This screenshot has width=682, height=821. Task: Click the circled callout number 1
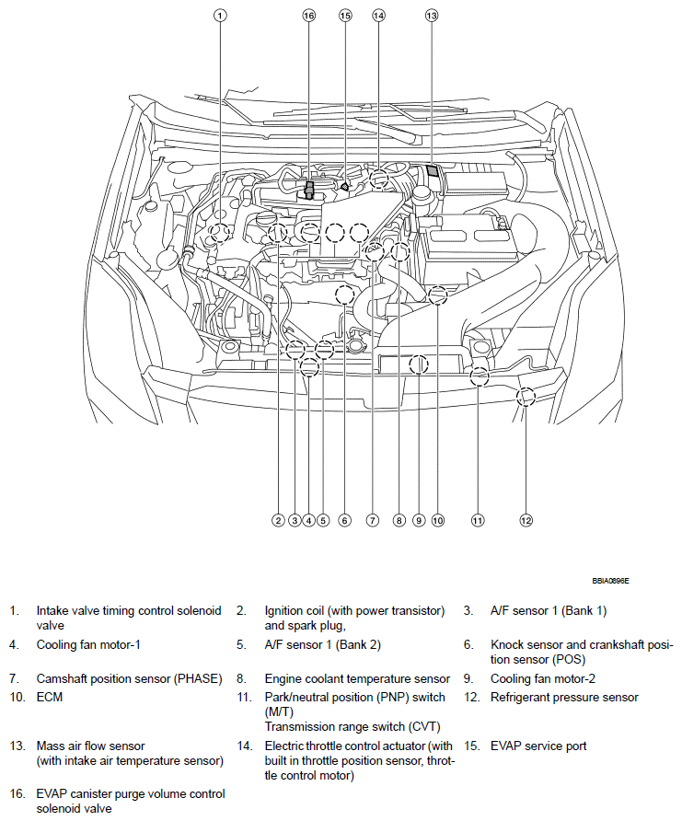coord(220,16)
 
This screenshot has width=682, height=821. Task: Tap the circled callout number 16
coord(308,16)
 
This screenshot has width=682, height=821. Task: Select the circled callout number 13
coord(432,16)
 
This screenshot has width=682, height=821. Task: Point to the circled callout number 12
coord(526,521)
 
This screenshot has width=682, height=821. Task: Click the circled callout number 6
coord(344,521)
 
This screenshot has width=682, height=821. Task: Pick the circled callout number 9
coord(418,521)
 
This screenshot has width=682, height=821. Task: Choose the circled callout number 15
coord(345,16)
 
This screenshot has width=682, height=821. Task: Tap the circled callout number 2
coord(277,521)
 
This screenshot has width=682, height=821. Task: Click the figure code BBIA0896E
coord(617,582)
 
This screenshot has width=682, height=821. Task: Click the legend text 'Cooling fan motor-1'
coord(88,645)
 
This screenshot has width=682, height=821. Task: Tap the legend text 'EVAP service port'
coord(538,746)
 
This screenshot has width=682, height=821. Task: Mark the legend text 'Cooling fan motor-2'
coord(542,679)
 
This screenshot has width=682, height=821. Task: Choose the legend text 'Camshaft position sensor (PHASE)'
coord(129,679)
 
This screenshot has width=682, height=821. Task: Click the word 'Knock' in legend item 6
coord(507,645)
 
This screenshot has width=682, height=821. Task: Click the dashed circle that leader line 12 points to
coord(526,397)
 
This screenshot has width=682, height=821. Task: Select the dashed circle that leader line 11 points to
coord(479,376)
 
